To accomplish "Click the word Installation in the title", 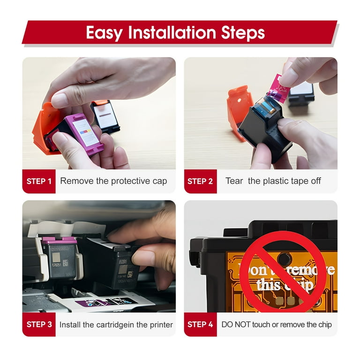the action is [172, 32].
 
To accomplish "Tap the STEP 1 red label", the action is [39, 181].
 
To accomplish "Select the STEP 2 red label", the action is [200, 181].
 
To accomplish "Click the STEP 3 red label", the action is [39, 324].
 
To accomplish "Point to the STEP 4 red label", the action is [200, 324].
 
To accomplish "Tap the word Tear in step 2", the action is [234, 181].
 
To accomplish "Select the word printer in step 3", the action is [161, 325].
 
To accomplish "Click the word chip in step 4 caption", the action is [325, 325].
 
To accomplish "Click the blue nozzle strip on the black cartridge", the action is [266, 106].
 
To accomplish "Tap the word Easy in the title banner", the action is [105, 33].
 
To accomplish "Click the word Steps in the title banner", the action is [243, 33].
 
